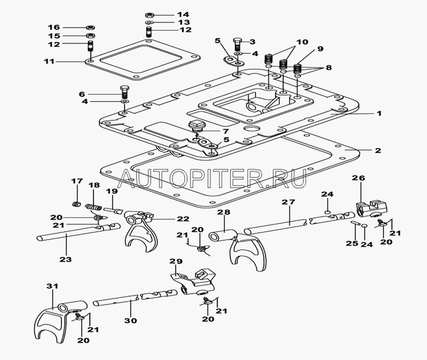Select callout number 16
coord(54,27)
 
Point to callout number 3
coord(253,41)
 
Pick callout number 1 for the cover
coord(362,113)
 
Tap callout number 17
coord(77,181)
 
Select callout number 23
coord(66,259)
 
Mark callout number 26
coord(359,178)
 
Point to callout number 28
coord(224,213)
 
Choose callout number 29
coord(175,261)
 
